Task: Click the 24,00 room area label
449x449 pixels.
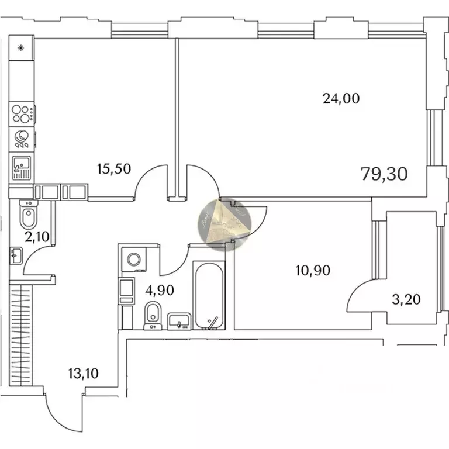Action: pyautogui.click(x=341, y=99)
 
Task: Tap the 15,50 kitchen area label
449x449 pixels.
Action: pyautogui.click(x=114, y=169)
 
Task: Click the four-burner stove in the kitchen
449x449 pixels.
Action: pyautogui.click(x=22, y=113)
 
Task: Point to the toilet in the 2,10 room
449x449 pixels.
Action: pyautogui.click(x=27, y=215)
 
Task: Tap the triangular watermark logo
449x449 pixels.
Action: pyautogui.click(x=226, y=224)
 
